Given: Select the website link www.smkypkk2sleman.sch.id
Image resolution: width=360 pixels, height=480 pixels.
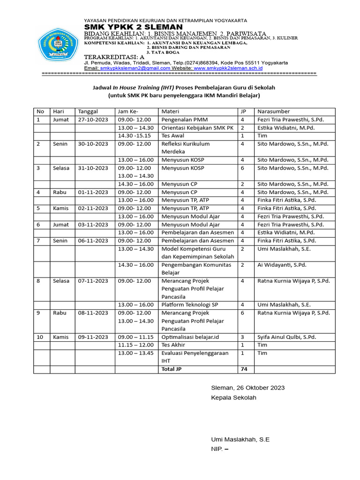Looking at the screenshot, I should coord(228,68).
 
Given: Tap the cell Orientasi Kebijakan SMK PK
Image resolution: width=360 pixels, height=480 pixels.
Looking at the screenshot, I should coord(197,127).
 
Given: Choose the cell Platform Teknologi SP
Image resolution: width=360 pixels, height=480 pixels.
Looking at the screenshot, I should coord(190,305).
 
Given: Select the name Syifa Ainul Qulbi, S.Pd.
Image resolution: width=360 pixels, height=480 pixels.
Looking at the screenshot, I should coord(287,337).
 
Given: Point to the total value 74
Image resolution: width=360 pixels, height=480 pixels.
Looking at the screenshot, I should coord(244,369).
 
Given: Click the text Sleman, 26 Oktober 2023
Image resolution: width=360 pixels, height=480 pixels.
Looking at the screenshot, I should coord(248,388).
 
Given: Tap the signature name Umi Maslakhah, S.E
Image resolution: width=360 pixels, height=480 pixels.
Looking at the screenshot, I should coord(240,440).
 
